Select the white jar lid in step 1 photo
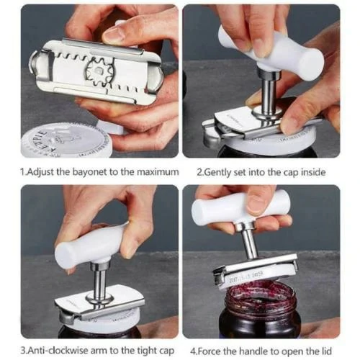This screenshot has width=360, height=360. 61,140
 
